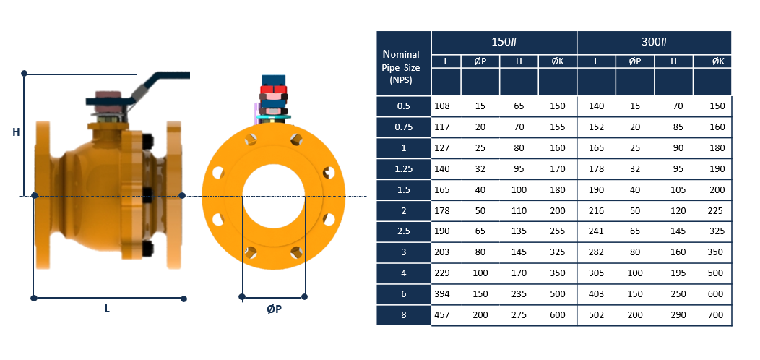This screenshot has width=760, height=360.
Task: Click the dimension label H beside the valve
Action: [16, 132]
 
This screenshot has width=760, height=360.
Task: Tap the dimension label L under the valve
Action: [107, 309]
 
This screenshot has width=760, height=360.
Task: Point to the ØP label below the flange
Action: [275, 309]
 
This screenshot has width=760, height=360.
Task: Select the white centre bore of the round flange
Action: [274, 197]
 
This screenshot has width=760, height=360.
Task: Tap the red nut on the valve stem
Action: [274, 89]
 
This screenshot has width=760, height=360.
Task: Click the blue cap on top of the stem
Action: [274, 80]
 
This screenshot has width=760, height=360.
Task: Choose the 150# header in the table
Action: [504, 42]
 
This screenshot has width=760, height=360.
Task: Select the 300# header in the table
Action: [654, 42]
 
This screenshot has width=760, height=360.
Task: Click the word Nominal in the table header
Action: [401, 53]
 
